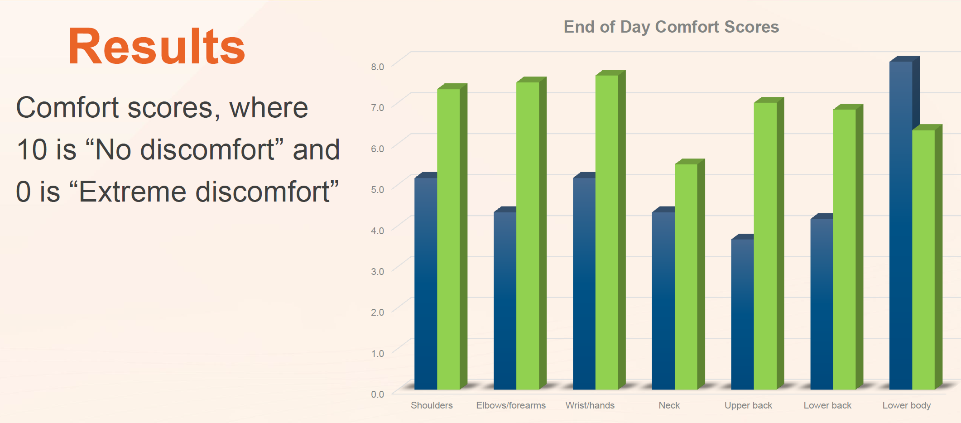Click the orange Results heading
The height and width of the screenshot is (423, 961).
[157, 47]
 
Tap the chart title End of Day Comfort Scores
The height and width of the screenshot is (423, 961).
[671, 27]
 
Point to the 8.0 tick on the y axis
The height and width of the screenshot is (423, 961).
[377, 67]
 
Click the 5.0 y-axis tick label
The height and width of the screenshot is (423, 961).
[377, 189]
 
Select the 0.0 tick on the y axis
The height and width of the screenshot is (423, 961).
[377, 394]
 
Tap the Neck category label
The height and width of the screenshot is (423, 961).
[669, 405]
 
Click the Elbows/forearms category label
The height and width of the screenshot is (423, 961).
[511, 405]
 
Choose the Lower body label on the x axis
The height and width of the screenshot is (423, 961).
[906, 405]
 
